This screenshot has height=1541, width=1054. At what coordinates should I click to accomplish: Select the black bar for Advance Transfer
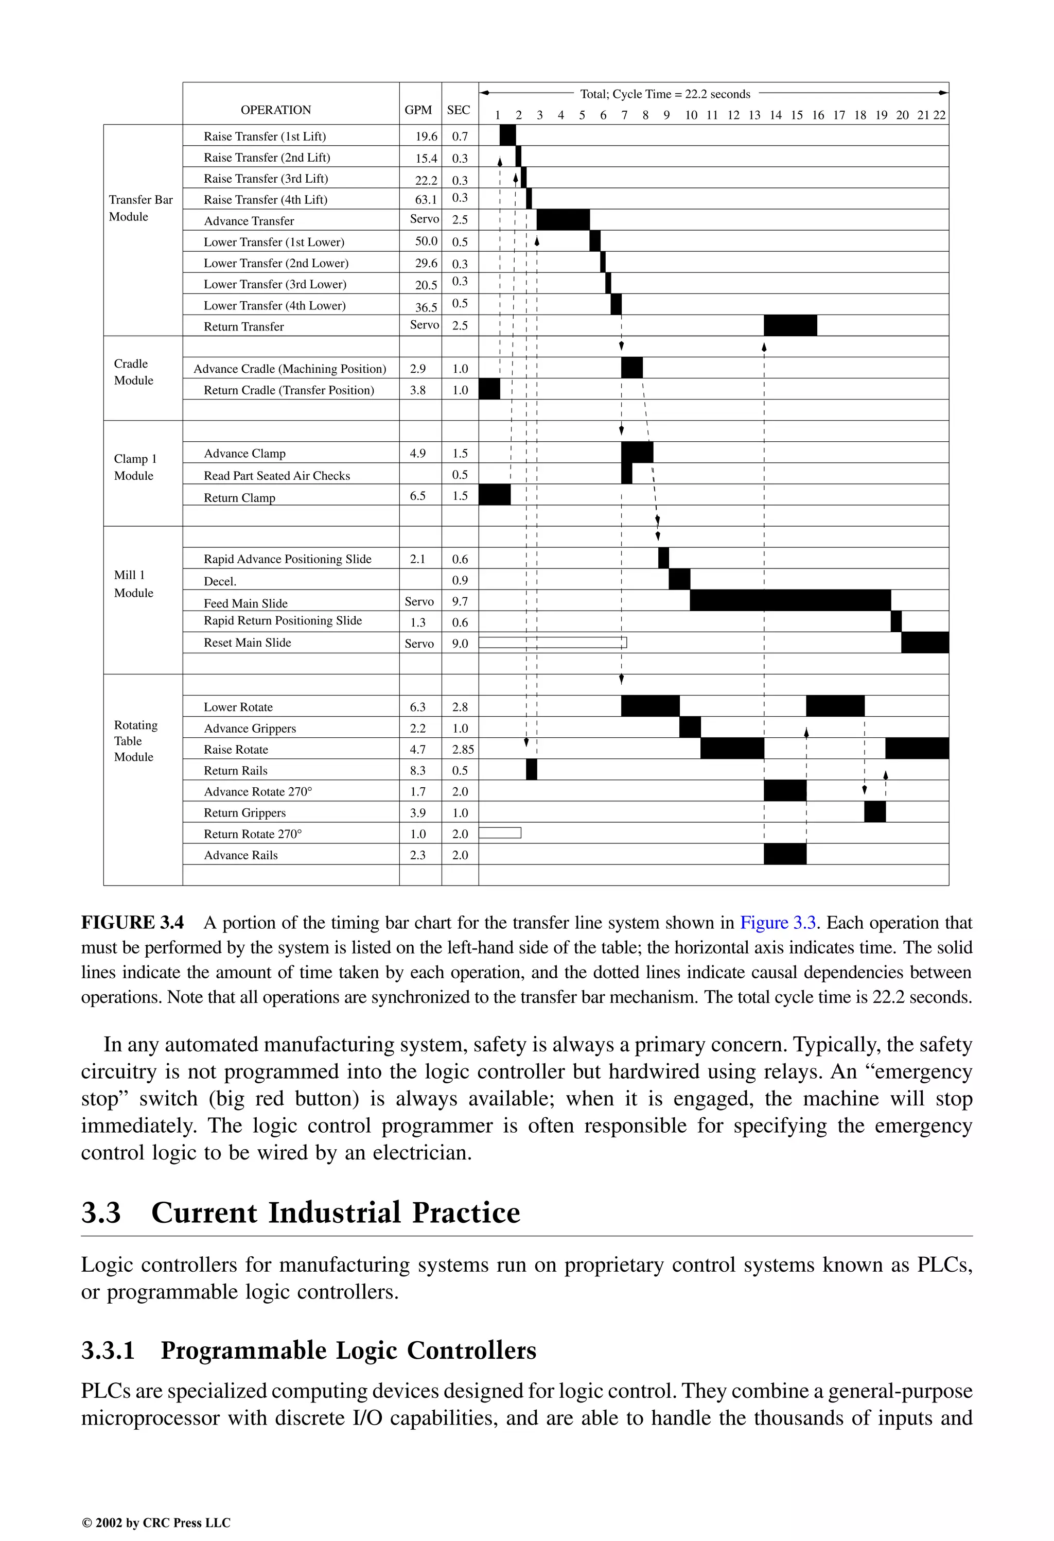[563, 219]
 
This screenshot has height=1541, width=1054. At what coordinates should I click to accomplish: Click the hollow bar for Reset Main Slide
[552, 642]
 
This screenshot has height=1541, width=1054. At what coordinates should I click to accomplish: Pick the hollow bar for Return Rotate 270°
[500, 833]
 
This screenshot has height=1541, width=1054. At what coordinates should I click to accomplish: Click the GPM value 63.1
[426, 199]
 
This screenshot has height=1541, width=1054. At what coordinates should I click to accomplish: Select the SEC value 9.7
[460, 601]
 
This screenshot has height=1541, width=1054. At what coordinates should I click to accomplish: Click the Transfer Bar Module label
[140, 207]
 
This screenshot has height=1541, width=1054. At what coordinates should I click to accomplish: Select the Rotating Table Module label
[135, 741]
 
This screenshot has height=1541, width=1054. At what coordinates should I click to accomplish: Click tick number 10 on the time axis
[691, 115]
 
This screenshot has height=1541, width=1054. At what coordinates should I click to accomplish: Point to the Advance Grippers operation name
[250, 728]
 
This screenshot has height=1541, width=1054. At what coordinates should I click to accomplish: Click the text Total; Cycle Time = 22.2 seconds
[665, 94]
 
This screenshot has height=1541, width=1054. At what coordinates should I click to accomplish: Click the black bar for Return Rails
[531, 770]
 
